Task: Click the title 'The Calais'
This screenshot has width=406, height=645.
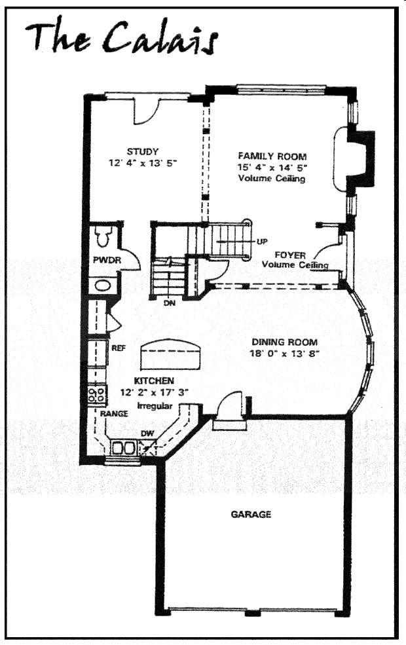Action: (x=121, y=37)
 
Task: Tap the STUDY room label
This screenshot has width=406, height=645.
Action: (x=142, y=151)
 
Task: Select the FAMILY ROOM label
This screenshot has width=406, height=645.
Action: (x=272, y=157)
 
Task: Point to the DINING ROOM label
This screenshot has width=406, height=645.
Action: (x=285, y=342)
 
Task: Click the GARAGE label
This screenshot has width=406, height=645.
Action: (x=251, y=514)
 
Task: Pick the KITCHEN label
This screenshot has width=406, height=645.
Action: (x=154, y=381)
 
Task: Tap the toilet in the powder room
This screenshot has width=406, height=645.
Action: (x=103, y=236)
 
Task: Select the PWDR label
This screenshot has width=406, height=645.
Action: (x=107, y=260)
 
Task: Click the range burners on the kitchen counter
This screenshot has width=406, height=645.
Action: (x=97, y=395)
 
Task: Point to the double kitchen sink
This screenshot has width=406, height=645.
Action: (x=123, y=447)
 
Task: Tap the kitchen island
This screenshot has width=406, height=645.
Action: (x=170, y=354)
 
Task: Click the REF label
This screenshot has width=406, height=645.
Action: (x=119, y=348)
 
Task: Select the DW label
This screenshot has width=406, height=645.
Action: (x=147, y=433)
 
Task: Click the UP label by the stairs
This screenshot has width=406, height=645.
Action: (x=262, y=242)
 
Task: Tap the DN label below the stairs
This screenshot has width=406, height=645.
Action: (x=170, y=303)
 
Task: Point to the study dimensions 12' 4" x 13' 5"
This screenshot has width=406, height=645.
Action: (x=142, y=163)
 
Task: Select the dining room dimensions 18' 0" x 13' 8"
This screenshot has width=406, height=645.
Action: (x=285, y=354)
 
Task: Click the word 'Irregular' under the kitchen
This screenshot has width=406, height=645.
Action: (x=155, y=405)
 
